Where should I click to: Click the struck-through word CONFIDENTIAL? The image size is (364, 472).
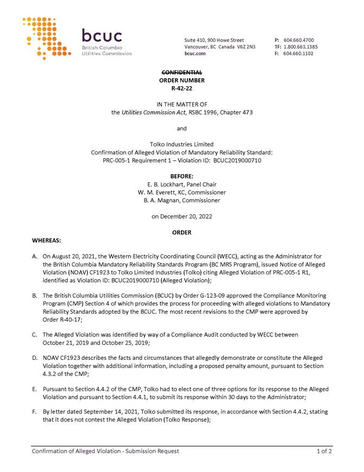pos(182,73)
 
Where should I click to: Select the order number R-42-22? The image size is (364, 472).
pos(182,87)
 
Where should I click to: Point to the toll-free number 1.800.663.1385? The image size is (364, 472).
pos(301,47)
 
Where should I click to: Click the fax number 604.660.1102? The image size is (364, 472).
pos(298,54)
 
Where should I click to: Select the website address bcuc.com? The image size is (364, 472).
pos(195,54)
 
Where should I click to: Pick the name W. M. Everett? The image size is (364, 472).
pos(159,193)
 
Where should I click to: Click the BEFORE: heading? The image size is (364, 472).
pos(182,176)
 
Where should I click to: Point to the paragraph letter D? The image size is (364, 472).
pos(35,358)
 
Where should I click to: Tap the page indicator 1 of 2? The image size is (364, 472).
pos(324,451)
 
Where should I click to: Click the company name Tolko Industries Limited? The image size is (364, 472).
pos(182,144)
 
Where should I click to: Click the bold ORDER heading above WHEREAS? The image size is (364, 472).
pos(182,232)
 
